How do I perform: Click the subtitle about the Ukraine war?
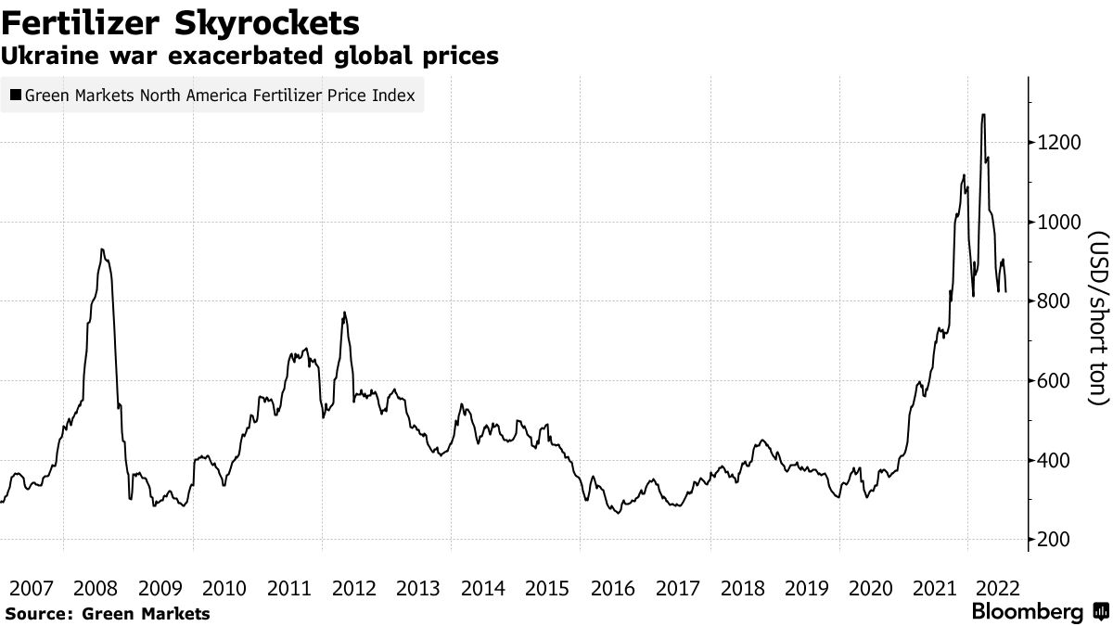click(x=249, y=56)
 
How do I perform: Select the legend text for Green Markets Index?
click(x=220, y=96)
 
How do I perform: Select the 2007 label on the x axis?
click(x=31, y=588)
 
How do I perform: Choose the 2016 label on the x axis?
click(x=612, y=588)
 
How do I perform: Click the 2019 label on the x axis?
click(x=806, y=588)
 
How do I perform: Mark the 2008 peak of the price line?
click(x=102, y=249)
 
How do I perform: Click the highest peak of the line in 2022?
click(x=983, y=115)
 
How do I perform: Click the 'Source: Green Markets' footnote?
click(x=107, y=613)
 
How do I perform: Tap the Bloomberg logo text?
click(x=1027, y=612)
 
